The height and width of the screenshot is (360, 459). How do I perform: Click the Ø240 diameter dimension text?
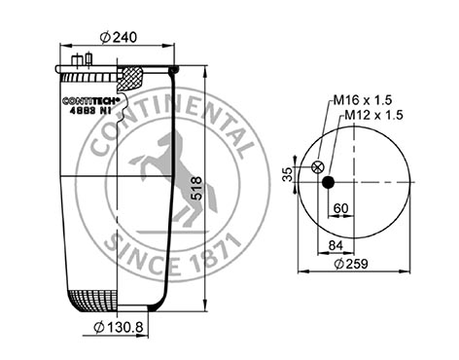(118, 38)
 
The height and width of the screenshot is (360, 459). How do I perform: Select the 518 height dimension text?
(196, 188)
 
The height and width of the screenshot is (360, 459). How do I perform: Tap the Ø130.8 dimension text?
(119, 327)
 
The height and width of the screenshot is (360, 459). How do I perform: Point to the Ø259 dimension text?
(351, 264)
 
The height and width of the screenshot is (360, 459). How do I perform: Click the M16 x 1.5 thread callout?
(363, 100)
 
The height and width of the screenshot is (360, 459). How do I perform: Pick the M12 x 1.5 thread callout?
(373, 115)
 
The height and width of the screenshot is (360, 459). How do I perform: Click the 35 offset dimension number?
(287, 174)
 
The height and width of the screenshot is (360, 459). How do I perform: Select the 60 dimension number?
(340, 208)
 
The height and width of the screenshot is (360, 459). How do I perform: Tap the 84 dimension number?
(335, 245)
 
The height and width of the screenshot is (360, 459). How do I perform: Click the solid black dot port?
(328, 182)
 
